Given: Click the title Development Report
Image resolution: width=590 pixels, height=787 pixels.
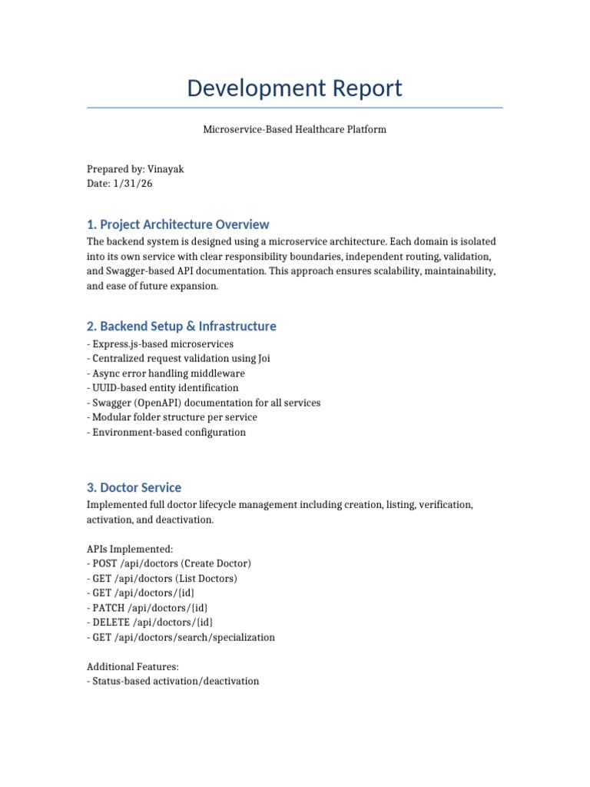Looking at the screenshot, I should point(294,88).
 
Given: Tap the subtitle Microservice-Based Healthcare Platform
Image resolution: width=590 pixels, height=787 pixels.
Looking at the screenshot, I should point(294,129).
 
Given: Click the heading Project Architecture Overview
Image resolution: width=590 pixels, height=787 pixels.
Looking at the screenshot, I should point(177,224).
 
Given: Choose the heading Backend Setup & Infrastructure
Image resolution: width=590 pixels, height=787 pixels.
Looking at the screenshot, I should point(181,326).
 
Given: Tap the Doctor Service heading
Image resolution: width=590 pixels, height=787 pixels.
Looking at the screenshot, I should point(134,487).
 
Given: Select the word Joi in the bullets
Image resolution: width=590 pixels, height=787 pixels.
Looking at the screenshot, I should point(263,358).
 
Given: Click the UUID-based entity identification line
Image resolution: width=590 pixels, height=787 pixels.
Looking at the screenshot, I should point(163,387).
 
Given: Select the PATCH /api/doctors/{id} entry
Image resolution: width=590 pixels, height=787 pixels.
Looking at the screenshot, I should point(147,607).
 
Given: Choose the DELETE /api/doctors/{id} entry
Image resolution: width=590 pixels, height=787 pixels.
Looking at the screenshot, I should point(150,622).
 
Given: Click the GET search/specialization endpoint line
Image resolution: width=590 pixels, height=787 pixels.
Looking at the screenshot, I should point(181,637).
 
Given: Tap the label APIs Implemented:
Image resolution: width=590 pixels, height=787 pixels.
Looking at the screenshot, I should point(131,549).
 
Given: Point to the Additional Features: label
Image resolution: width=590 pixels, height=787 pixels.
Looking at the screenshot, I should point(133,666).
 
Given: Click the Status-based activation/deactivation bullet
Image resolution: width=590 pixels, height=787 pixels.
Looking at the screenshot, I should point(173,681).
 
